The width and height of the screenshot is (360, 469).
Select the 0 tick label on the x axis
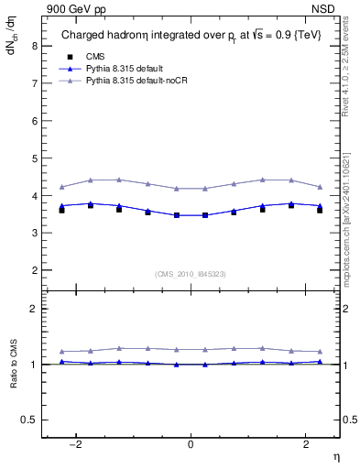coord(191,444)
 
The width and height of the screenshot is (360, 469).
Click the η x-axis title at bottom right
coord(334,456)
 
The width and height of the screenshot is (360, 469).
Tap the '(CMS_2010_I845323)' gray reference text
coord(191,273)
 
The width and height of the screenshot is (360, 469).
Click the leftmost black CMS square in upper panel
coord(61,211)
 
